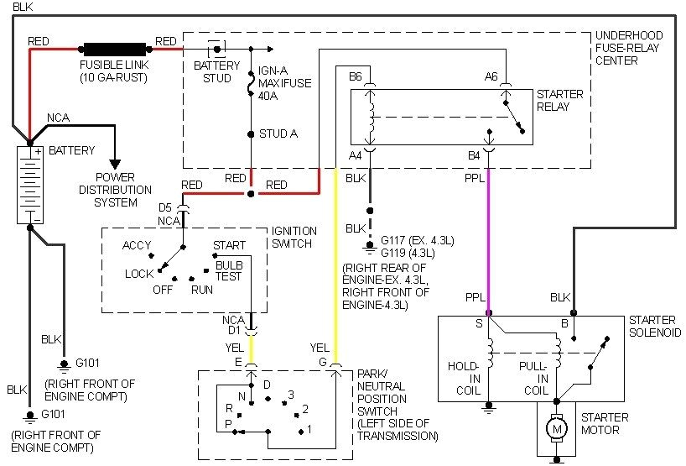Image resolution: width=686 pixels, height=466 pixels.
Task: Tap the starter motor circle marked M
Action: pyautogui.click(x=555, y=430)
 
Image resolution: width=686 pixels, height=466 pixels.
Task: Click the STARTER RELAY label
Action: pyautogui.click(x=559, y=101)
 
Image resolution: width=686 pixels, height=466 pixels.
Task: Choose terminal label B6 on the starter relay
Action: pyautogui.click(x=356, y=76)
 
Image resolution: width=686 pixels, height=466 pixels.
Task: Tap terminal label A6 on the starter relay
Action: pyautogui.click(x=491, y=76)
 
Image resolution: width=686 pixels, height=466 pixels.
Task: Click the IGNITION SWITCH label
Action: pyautogui.click(x=294, y=237)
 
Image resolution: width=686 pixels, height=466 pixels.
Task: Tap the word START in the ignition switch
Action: pyautogui.click(x=229, y=245)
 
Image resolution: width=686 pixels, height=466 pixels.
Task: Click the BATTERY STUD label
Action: pyautogui.click(x=216, y=71)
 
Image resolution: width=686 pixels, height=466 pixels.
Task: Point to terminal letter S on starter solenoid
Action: pyautogui.click(x=480, y=322)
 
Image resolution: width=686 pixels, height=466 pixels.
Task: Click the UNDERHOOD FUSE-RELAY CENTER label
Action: pyautogui.click(x=628, y=48)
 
